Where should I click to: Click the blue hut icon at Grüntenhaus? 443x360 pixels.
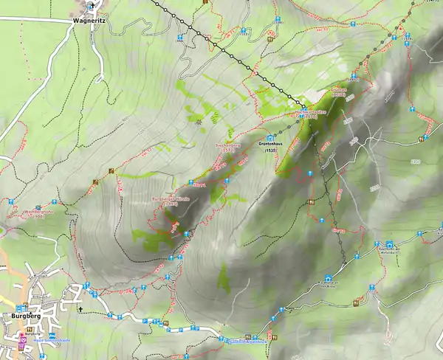271,136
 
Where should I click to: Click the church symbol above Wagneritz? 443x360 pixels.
91,6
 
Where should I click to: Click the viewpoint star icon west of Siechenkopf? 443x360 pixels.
199,122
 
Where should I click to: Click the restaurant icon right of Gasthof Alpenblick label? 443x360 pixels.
275,336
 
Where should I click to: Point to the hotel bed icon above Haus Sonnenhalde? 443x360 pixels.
49,333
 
